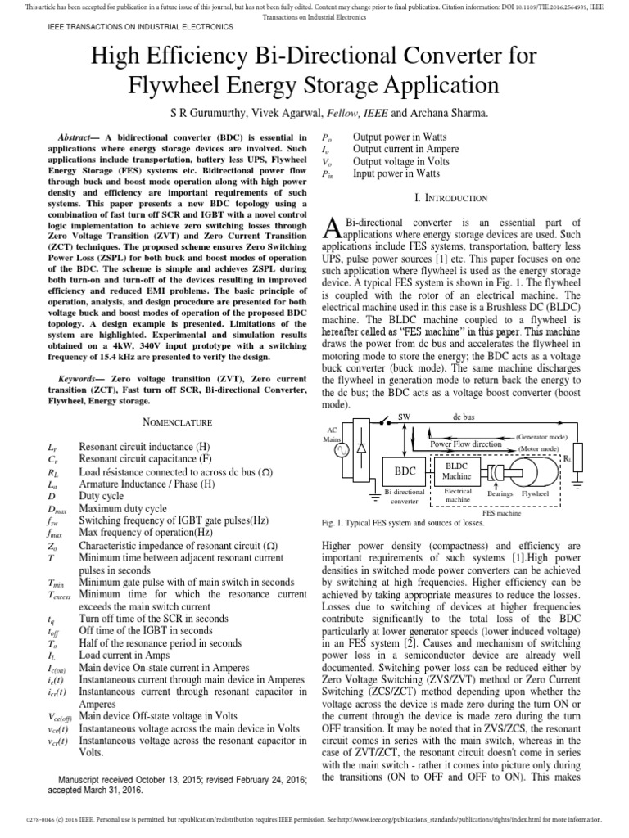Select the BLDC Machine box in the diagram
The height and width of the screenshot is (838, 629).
[x=455, y=471]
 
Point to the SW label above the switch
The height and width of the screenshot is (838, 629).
[x=403, y=417]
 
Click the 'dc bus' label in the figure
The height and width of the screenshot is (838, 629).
[x=464, y=417]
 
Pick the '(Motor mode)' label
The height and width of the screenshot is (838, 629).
[x=537, y=449]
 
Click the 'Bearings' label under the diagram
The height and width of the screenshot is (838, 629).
[x=500, y=494]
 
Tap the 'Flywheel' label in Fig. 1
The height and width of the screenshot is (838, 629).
[x=536, y=494]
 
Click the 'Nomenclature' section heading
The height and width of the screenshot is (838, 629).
[x=173, y=422]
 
